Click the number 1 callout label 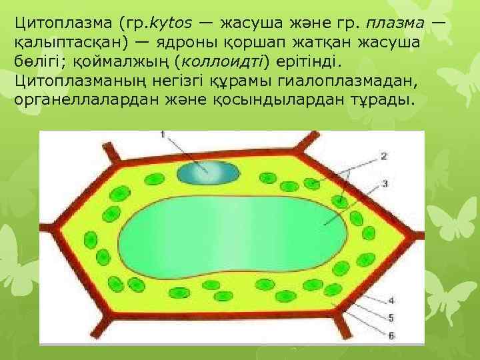(x=163, y=135)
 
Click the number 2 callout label (x=383, y=156)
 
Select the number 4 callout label (x=391, y=300)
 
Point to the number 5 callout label (x=391, y=317)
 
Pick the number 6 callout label (x=391, y=334)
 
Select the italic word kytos (x=171, y=24)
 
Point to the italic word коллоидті (x=225, y=62)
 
